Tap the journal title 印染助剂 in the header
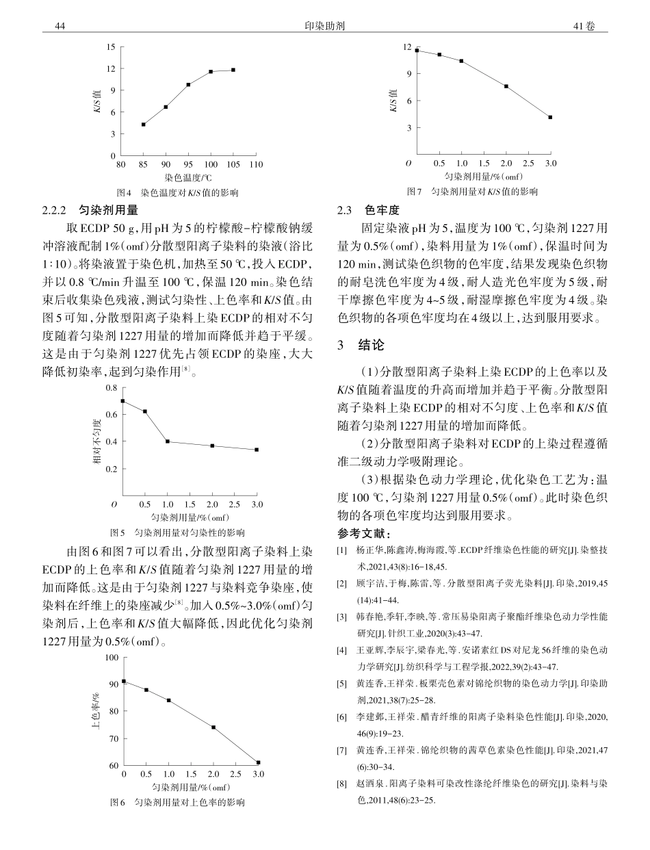click(324, 26)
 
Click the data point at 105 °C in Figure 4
click(233, 70)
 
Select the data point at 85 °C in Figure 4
click(143, 125)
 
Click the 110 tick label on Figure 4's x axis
click(256, 164)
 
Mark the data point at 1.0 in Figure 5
click(168, 441)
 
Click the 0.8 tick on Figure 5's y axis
click(111, 388)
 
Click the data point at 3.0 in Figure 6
click(258, 762)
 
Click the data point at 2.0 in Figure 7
click(506, 86)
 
